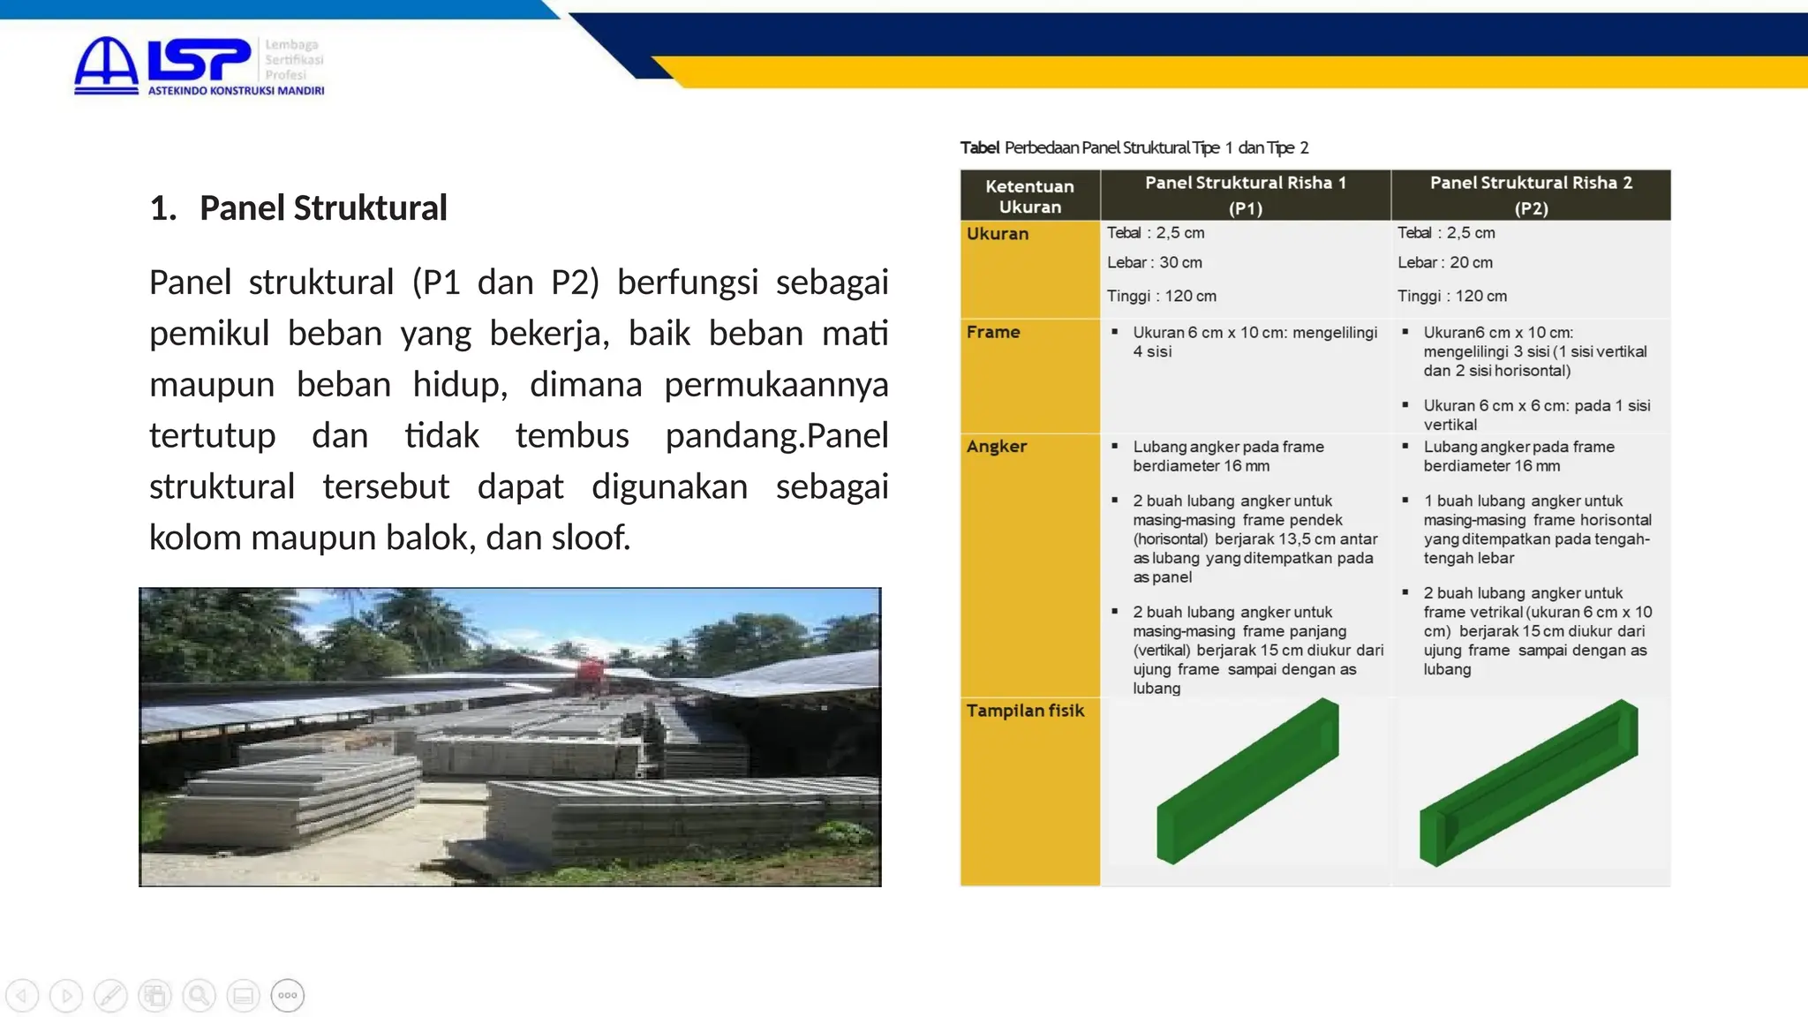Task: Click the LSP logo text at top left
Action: tap(199, 60)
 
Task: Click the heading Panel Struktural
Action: tap(323, 208)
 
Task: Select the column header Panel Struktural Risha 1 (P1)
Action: tap(1245, 194)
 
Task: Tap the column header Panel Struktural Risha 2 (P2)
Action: tap(1531, 194)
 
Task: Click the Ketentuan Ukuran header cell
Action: tap(1029, 196)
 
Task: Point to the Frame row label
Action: tap(993, 332)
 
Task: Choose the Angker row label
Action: tap(997, 446)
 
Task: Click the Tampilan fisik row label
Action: tap(1025, 711)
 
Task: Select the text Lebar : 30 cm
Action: tap(1154, 262)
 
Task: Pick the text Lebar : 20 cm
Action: tap(1444, 262)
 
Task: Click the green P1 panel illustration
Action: tap(1247, 781)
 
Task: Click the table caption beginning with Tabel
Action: tap(1134, 147)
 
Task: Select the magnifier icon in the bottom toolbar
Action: tap(199, 996)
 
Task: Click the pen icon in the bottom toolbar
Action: tap(110, 996)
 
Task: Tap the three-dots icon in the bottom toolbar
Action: tap(288, 996)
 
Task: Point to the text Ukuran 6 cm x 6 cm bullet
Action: tap(1536, 414)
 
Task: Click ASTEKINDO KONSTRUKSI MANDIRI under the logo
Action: tap(236, 90)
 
